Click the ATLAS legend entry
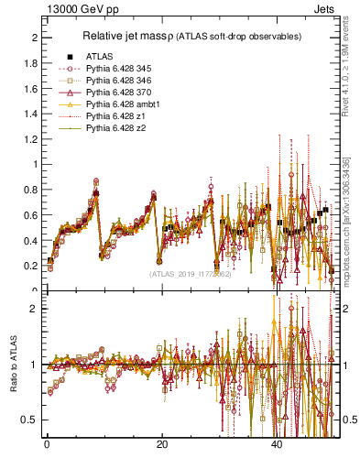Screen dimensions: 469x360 [x=99, y=56]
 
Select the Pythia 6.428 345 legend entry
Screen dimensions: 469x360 [x=116, y=69]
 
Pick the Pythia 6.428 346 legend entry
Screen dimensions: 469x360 [x=116, y=81]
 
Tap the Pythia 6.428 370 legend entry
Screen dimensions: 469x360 [x=116, y=93]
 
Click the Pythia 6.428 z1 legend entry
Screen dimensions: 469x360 [x=113, y=116]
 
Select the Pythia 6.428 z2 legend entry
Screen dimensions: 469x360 [x=113, y=128]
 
